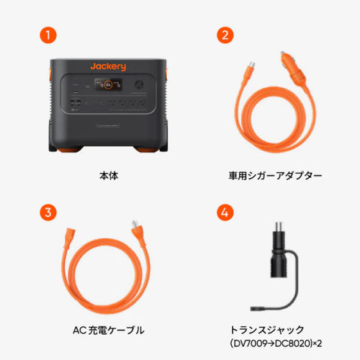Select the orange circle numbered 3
pos(47,212)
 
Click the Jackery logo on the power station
pos(108,66)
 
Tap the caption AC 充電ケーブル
pos(108,330)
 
